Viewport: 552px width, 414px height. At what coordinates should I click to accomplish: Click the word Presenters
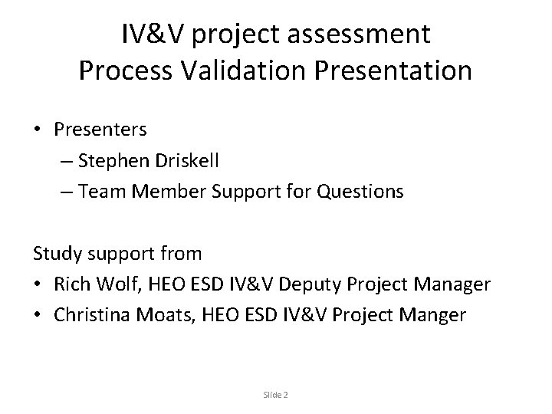coord(100,130)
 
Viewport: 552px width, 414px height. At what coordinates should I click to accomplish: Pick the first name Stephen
coord(112,160)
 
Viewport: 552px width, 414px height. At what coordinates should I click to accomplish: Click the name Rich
coord(71,284)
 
